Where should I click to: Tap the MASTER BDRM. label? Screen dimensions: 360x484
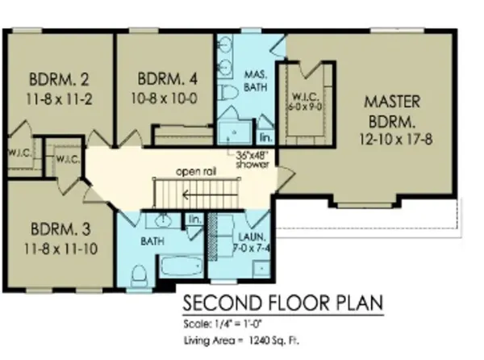[x=390, y=113]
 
